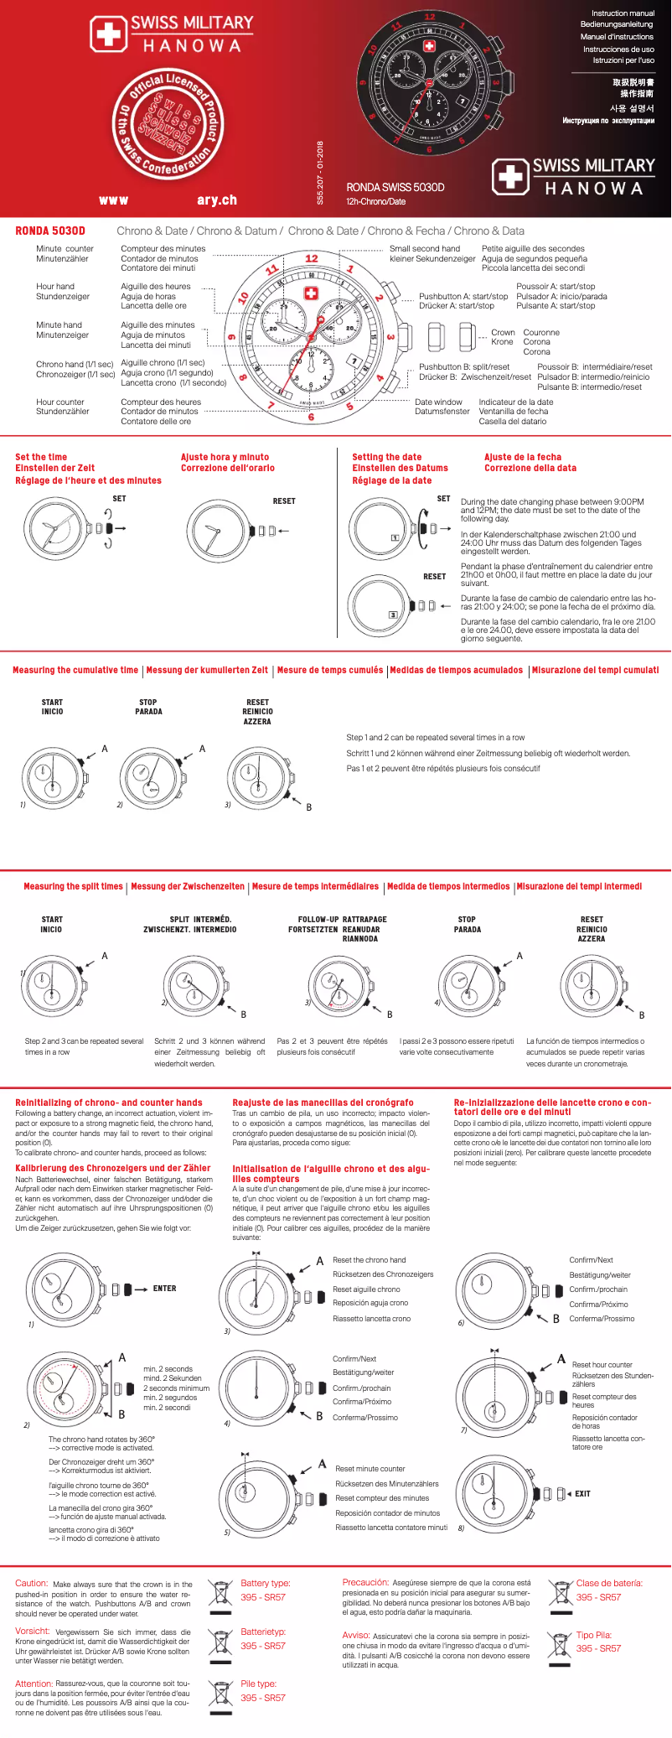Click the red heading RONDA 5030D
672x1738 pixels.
point(50,231)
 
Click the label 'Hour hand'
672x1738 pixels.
point(55,287)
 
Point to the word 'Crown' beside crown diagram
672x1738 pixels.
point(503,333)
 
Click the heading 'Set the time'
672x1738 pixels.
point(41,458)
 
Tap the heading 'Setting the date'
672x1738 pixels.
point(387,458)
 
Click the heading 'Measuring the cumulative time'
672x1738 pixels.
point(75,671)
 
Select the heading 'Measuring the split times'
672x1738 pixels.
point(73,887)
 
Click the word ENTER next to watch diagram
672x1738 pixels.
point(164,1289)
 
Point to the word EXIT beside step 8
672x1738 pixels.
point(582,1494)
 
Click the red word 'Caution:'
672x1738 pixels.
point(32,1584)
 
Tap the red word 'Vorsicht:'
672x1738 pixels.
point(33,1632)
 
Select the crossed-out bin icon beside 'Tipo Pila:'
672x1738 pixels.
point(559,1644)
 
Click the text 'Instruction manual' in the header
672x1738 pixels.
point(623,13)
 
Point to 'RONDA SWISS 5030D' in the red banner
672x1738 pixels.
point(395,188)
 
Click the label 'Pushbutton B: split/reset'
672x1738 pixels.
point(464,367)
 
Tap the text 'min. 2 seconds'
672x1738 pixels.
point(168,1369)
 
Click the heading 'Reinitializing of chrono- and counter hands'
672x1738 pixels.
point(109,1103)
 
